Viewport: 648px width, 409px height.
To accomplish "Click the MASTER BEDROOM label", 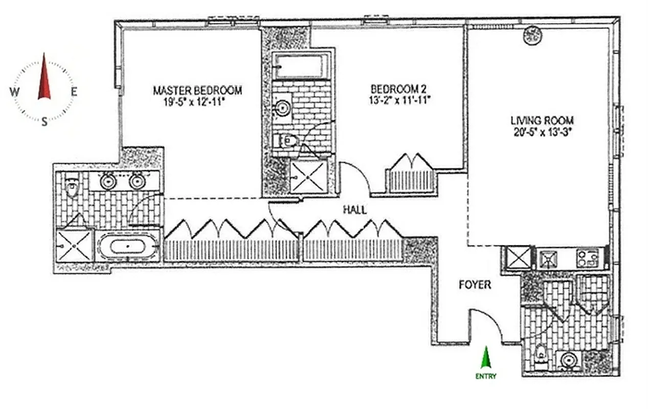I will (197, 90).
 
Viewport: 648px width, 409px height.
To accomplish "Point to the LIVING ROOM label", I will (542, 121).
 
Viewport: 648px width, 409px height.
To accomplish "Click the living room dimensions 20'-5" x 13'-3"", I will (542, 131).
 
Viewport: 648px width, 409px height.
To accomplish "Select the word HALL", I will (354, 209).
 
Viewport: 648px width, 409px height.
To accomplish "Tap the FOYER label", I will (474, 285).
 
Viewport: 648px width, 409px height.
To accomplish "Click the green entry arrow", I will (485, 357).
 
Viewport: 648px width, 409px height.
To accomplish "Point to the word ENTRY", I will (485, 376).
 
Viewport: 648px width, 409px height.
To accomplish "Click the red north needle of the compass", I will (44, 77).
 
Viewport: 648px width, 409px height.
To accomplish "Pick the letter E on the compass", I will (74, 93).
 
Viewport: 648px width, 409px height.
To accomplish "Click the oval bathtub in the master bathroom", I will (127, 247).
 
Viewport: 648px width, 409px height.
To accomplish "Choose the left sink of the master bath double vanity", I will (108, 181).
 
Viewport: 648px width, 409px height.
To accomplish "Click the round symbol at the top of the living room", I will (533, 35).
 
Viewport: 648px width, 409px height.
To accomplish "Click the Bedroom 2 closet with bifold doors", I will (412, 174).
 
